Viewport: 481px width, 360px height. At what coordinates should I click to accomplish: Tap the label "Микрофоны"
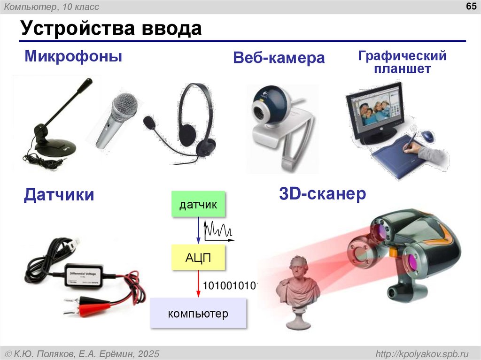[x=73, y=57]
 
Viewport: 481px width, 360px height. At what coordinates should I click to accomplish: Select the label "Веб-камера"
[x=279, y=58]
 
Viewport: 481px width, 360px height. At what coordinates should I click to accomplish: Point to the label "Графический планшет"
[x=402, y=62]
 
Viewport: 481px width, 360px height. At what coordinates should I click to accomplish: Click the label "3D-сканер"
[x=322, y=194]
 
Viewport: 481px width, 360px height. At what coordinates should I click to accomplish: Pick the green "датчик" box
[x=198, y=204]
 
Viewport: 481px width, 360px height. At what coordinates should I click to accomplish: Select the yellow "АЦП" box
[x=198, y=257]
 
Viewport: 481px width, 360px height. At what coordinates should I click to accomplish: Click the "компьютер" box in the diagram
[x=198, y=313]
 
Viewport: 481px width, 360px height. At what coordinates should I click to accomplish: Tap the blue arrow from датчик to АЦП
[x=198, y=230]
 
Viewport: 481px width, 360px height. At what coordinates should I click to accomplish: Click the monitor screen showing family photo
[x=376, y=111]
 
